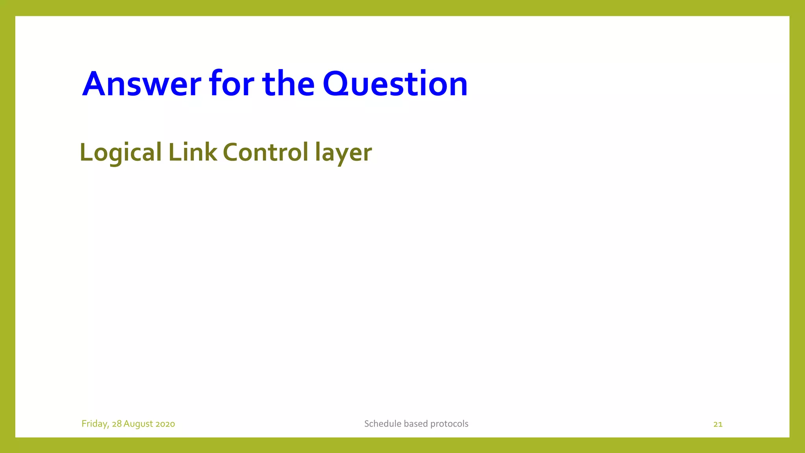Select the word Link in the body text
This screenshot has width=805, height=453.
[193, 153]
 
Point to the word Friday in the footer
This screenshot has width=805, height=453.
[95, 424]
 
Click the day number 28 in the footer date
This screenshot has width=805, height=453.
[117, 424]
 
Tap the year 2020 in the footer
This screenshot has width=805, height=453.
[165, 424]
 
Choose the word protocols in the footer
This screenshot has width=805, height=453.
[449, 424]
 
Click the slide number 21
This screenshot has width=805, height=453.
[718, 424]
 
